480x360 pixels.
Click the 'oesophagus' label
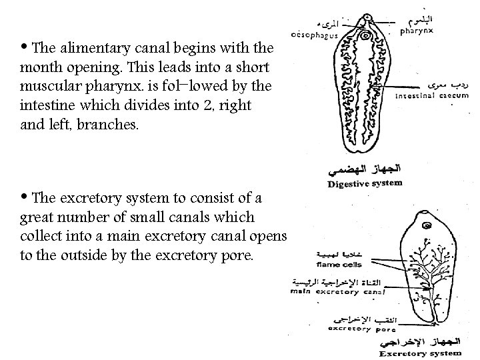pyautogui.click(x=314, y=35)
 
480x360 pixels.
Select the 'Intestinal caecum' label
pyautogui.click(x=432, y=96)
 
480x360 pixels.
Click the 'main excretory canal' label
pyautogui.click(x=338, y=291)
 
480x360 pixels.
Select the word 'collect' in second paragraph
pyautogui.click(x=42, y=237)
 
